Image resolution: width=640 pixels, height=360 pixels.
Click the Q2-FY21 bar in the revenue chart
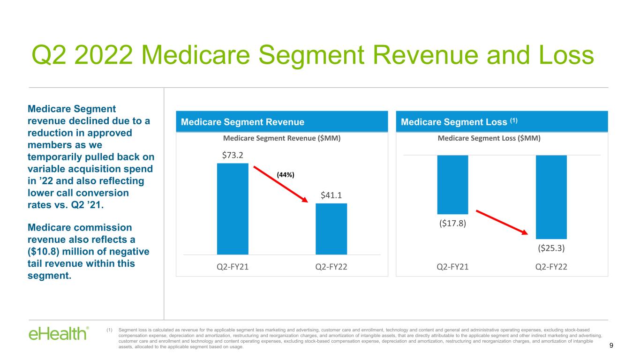point(233,209)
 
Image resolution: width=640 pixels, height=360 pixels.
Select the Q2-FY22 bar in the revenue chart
point(331,229)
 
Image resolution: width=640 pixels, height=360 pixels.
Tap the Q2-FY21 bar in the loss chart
point(452,185)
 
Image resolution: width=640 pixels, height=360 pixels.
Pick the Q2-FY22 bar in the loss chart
point(551,197)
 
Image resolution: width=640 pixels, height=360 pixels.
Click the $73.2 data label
point(233,155)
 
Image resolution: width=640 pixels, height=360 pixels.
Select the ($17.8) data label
point(452,223)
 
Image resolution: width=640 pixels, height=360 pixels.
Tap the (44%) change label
point(285,174)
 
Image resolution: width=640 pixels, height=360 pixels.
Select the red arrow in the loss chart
point(502,222)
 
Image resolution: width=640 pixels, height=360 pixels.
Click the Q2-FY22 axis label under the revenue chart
point(331,266)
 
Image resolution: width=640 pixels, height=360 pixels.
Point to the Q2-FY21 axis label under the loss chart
point(452,266)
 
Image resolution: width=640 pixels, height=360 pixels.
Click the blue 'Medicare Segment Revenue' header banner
point(282,122)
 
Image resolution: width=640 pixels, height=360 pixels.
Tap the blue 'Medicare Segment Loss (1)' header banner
point(502,122)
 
